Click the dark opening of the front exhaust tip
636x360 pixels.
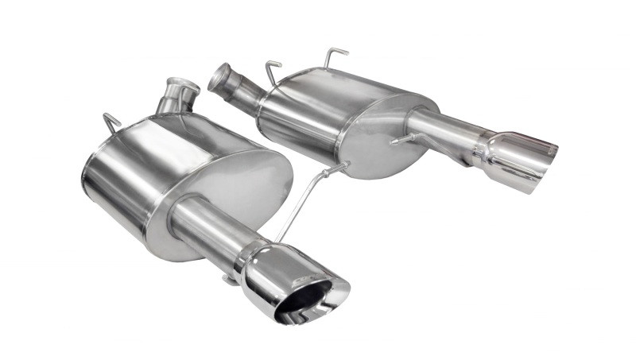pyautogui.click(x=306, y=301)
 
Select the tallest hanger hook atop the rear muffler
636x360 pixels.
pyautogui.click(x=334, y=56)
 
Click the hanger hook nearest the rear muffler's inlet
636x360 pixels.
pyautogui.click(x=273, y=70)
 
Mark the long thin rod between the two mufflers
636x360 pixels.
pyautogui.click(x=302, y=203)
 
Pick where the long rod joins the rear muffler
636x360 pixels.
pyautogui.click(x=343, y=168)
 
